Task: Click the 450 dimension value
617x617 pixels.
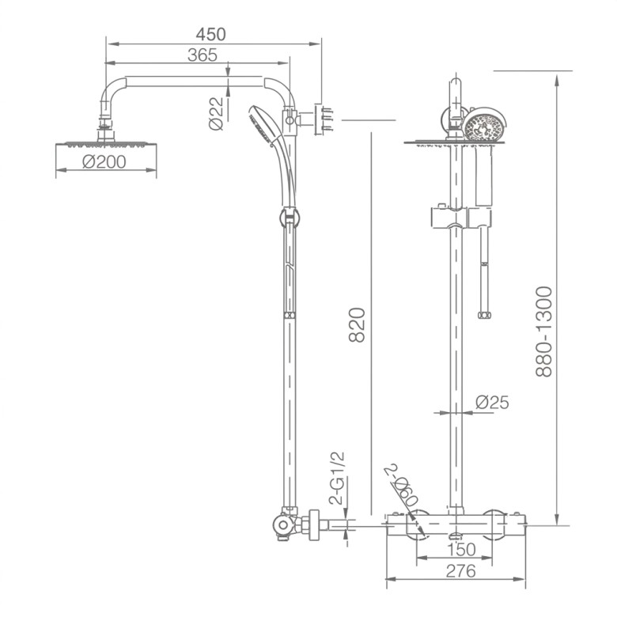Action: (211, 34)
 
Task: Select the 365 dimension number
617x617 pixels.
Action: (203, 55)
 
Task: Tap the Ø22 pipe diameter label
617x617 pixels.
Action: (216, 113)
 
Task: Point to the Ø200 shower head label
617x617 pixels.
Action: (104, 161)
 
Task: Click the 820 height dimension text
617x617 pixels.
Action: (358, 325)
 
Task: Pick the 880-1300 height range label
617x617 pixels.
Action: (544, 331)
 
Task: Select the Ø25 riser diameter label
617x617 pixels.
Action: (492, 402)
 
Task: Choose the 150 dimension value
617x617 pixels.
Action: (462, 550)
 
